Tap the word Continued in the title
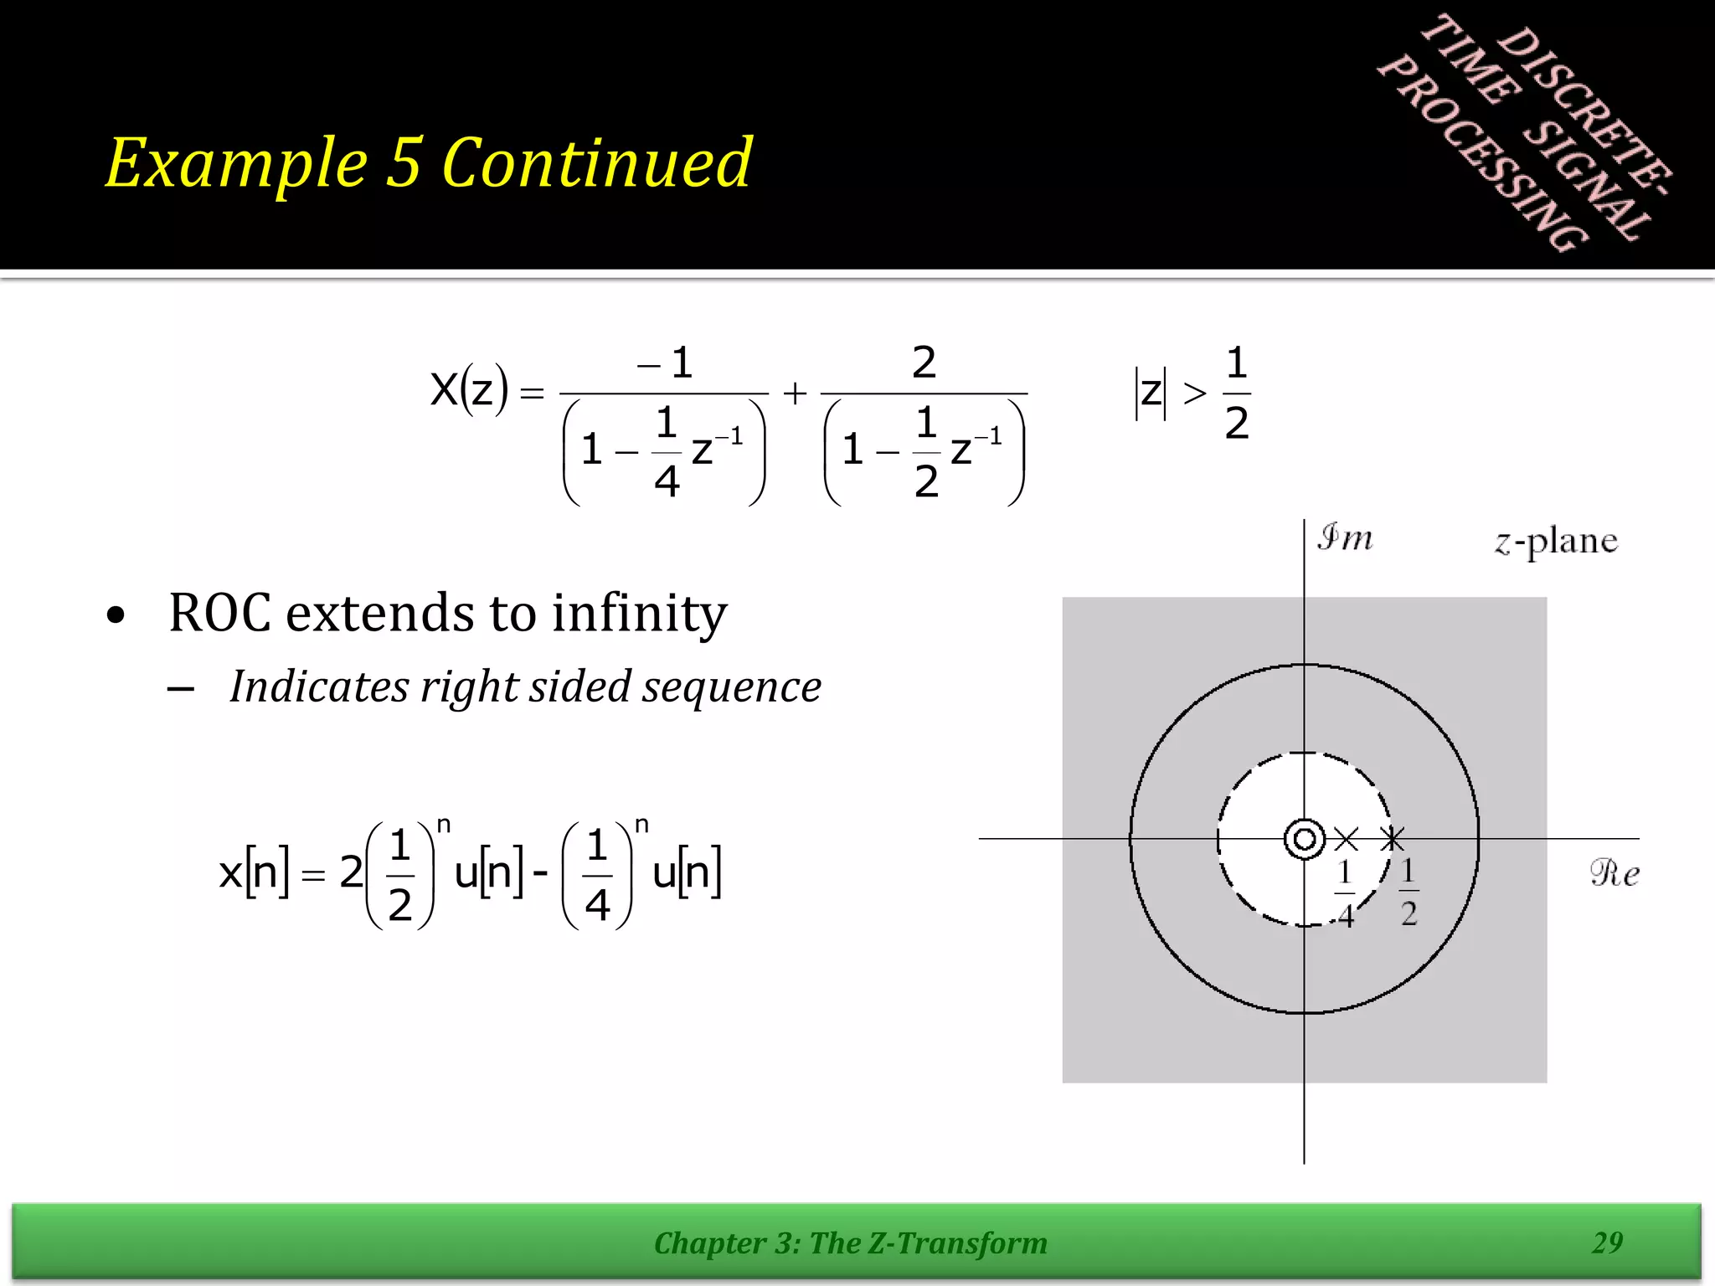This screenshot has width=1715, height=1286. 596,163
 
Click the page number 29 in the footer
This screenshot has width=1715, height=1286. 1607,1242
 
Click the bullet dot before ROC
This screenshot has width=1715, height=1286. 116,615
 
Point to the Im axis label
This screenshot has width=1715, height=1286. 1345,538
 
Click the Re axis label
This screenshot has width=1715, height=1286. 1614,873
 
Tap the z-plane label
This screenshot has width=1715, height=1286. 1556,542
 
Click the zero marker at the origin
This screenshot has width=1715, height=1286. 1304,839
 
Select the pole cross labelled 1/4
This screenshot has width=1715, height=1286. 1346,839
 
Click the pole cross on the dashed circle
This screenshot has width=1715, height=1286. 1392,839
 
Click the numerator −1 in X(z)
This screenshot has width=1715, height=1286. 666,363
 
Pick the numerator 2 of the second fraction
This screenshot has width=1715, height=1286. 924,363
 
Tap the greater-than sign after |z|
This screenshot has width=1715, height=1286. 1195,392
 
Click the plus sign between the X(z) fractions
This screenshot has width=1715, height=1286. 795,393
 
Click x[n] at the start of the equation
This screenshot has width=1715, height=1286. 254,872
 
